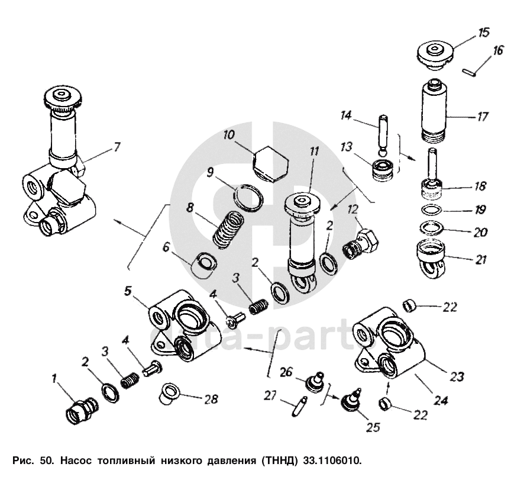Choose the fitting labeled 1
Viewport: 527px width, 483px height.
click(78, 408)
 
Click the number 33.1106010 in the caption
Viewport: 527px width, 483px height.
click(331, 460)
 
